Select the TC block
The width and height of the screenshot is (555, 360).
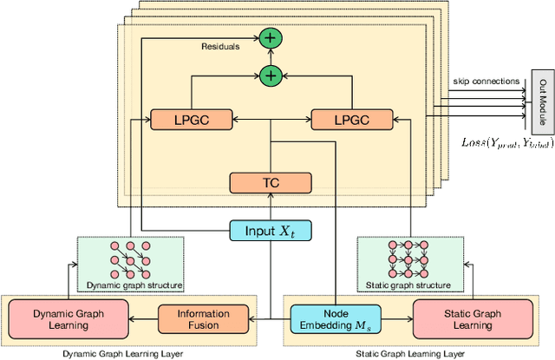[270, 182]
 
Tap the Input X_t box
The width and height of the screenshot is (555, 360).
[270, 230]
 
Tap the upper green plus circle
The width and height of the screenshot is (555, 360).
[270, 39]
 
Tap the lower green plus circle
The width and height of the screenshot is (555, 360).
[270, 76]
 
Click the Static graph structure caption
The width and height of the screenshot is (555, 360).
[406, 284]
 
